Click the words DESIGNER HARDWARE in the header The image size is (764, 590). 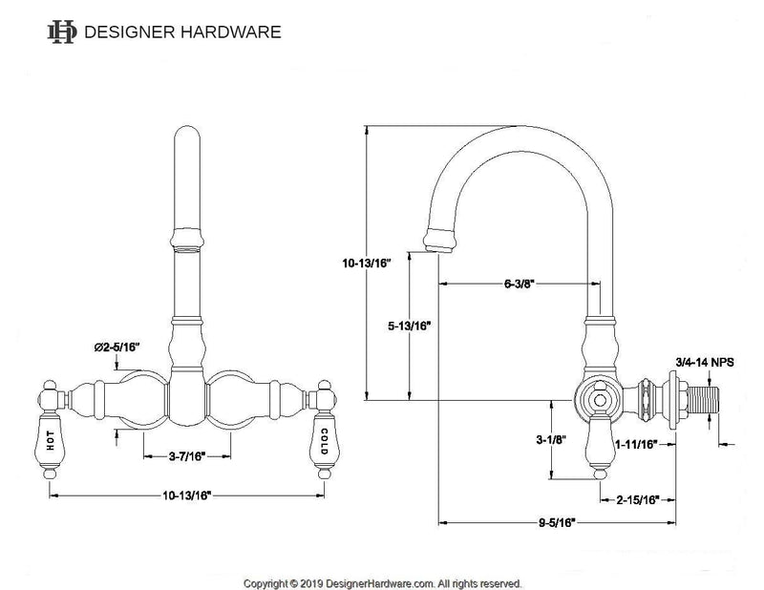point(182,32)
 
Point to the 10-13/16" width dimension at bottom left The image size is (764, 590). point(186,496)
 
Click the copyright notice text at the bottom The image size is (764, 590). point(381,581)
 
